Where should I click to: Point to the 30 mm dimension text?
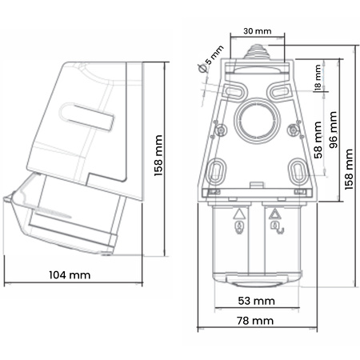258,31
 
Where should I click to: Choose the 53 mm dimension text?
258,301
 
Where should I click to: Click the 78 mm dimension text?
258,320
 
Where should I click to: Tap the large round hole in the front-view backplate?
258,118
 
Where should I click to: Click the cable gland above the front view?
258,54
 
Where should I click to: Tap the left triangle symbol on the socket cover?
238,215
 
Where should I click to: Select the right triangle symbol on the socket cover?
275,214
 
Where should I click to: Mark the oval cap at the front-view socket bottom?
257,279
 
